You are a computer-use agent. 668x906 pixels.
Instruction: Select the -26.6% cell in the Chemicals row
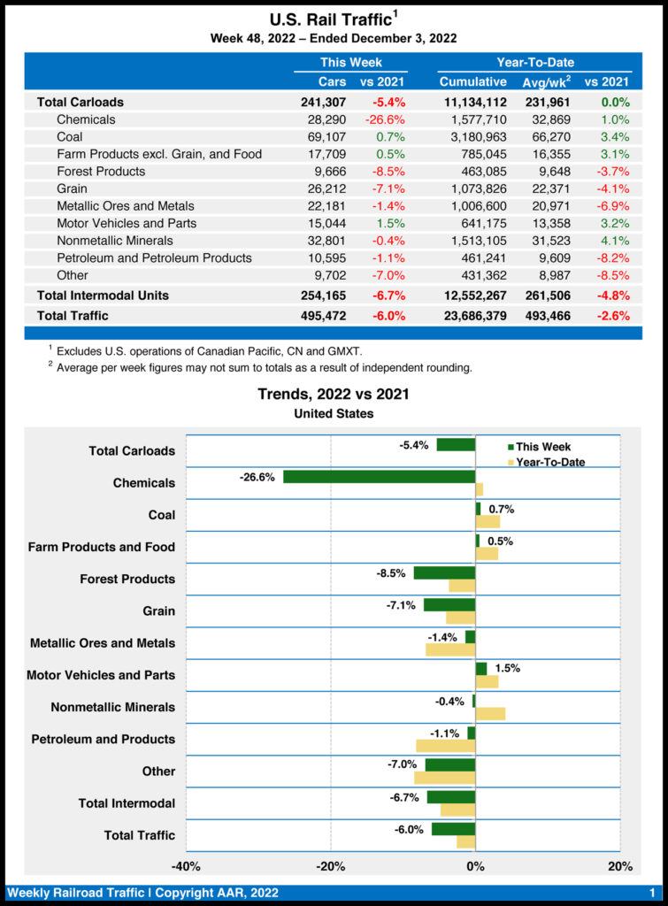(x=384, y=119)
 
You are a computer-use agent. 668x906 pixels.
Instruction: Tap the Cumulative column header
(x=472, y=82)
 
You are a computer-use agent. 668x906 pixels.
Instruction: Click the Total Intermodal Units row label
(x=103, y=295)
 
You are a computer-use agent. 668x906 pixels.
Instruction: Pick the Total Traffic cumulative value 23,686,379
(x=472, y=315)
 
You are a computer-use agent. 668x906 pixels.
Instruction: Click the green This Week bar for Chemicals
(x=379, y=477)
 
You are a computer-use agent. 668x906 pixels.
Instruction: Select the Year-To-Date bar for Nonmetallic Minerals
(x=490, y=713)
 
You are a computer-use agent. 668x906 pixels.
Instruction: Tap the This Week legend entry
(x=541, y=447)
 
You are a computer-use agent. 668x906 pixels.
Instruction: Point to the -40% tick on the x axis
(x=186, y=866)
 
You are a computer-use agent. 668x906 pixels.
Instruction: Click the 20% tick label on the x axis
(x=620, y=866)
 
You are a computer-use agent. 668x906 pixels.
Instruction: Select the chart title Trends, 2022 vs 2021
(x=334, y=395)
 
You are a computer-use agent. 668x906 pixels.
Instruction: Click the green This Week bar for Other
(x=450, y=764)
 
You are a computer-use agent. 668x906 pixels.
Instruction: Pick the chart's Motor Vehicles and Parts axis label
(x=101, y=675)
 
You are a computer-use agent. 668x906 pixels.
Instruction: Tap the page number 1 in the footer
(x=652, y=893)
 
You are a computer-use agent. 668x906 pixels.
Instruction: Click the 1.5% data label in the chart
(x=507, y=668)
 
